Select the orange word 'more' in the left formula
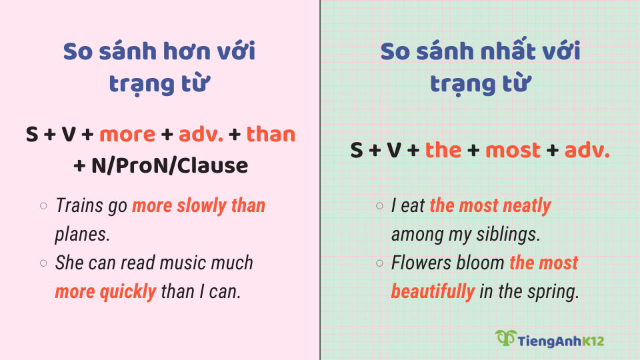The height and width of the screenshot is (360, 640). (x=127, y=135)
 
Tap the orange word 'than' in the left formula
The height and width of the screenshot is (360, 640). (x=271, y=135)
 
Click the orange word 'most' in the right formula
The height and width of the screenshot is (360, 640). (x=513, y=150)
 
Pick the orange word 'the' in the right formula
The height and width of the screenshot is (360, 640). (x=443, y=150)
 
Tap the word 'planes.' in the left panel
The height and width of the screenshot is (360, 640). (x=82, y=234)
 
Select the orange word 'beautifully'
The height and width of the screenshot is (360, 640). (x=433, y=291)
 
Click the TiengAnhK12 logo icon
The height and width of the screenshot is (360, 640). (x=505, y=338)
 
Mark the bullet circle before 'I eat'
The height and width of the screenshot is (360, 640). (x=379, y=206)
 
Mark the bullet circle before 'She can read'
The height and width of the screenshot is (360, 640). (x=43, y=263)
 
